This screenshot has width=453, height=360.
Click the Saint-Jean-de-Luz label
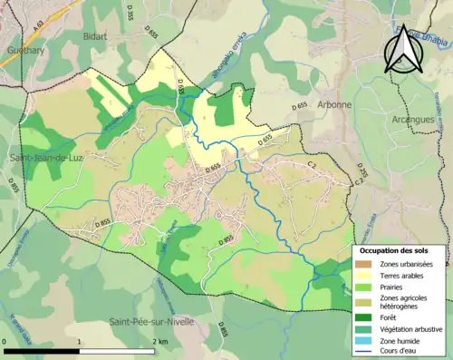point(44,160)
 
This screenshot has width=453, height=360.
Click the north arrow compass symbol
point(400,49)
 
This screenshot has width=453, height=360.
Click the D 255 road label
point(361,170)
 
